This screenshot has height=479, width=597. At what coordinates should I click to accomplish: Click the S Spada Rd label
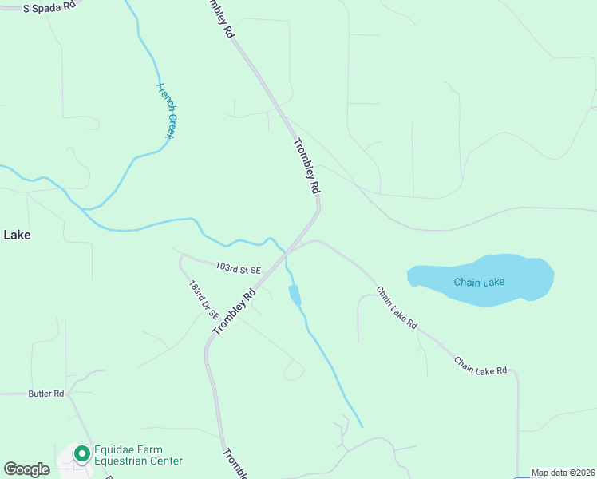(x=49, y=7)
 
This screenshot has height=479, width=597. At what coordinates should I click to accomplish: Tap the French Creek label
(x=165, y=111)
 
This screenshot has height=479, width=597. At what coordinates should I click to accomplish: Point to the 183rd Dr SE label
(x=204, y=299)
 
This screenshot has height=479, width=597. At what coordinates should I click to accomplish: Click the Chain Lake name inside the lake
(x=479, y=282)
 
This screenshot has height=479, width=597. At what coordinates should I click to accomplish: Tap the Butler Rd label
(x=45, y=394)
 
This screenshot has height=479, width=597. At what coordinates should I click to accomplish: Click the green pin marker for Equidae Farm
(x=81, y=453)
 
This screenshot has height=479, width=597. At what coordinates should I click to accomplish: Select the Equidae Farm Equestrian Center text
(x=138, y=455)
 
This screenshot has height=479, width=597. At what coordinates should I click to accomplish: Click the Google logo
(x=26, y=469)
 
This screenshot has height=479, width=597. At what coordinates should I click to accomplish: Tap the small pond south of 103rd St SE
(x=295, y=295)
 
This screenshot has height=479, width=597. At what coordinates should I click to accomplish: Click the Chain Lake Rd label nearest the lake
(x=397, y=308)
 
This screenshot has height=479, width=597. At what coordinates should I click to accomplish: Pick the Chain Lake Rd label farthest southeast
(x=480, y=366)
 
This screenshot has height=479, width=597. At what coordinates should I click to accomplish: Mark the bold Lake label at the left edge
(x=17, y=235)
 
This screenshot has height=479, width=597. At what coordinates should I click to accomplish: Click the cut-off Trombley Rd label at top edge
(x=221, y=18)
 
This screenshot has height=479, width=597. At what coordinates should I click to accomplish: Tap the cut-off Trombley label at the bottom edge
(x=235, y=465)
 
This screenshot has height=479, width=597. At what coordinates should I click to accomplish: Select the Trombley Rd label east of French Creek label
(x=306, y=167)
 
